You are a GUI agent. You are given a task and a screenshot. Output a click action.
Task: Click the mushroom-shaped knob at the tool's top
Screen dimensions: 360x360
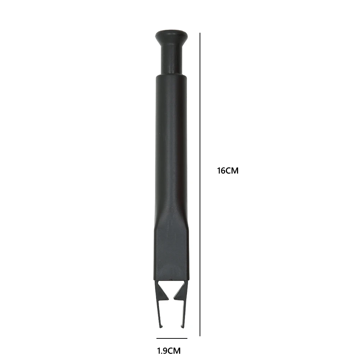pos(172,36)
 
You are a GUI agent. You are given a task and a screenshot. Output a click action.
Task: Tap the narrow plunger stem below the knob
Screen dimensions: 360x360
pos(172,59)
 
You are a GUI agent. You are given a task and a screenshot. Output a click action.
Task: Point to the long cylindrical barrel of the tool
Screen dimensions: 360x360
pos(172,144)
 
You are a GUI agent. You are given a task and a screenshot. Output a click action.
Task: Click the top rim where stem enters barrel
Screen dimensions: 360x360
pos(172,76)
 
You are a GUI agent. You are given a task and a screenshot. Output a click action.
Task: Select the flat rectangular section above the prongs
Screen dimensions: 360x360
pos(172,252)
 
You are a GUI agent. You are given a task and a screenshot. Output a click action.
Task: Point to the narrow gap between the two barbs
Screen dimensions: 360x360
pos(172,288)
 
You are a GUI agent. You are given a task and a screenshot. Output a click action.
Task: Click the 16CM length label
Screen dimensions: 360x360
pos(228,171)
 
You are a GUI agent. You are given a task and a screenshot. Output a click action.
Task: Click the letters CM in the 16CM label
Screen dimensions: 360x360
pos(232,171)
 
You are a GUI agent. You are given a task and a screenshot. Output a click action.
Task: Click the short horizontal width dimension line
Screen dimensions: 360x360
pos(172,338)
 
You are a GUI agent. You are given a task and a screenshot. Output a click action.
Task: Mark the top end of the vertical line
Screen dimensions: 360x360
pos(200,33)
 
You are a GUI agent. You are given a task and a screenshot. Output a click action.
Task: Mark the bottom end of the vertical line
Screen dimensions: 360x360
pos(200,336)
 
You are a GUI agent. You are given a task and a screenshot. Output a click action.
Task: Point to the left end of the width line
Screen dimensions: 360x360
pos(157,338)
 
